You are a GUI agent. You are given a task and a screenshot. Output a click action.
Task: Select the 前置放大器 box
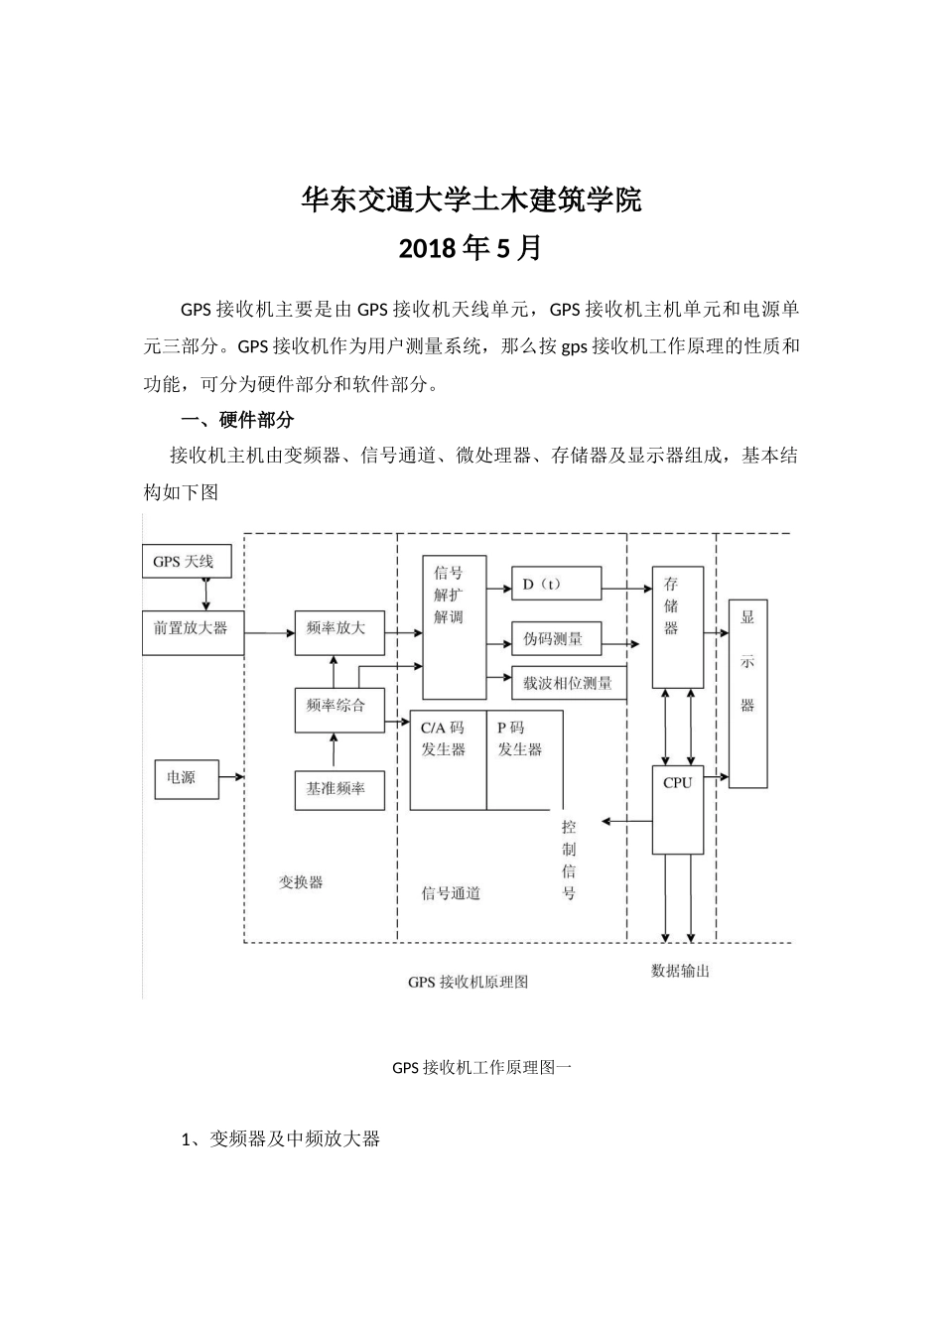click(x=192, y=633)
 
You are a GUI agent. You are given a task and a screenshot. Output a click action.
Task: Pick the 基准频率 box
click(x=339, y=789)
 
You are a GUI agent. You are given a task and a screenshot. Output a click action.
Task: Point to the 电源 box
click(x=186, y=778)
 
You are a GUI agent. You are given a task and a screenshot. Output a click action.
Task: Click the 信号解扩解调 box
click(x=454, y=627)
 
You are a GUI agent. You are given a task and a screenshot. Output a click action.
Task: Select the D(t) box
click(x=556, y=584)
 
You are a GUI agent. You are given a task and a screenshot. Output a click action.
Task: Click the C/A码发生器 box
click(x=448, y=759)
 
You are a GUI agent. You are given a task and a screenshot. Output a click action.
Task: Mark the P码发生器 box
click(x=523, y=759)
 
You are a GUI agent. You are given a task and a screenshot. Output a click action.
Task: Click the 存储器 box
click(x=677, y=627)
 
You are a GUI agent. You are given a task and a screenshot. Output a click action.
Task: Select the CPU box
click(x=678, y=809)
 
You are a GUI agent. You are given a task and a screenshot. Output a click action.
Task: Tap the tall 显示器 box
click(x=747, y=693)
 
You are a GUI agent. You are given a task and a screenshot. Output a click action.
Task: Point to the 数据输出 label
click(x=680, y=971)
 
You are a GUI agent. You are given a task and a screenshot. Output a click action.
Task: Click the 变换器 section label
click(x=300, y=881)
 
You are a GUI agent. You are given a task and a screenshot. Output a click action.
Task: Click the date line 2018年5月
click(x=471, y=248)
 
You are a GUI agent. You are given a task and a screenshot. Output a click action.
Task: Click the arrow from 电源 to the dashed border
click(x=231, y=777)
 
